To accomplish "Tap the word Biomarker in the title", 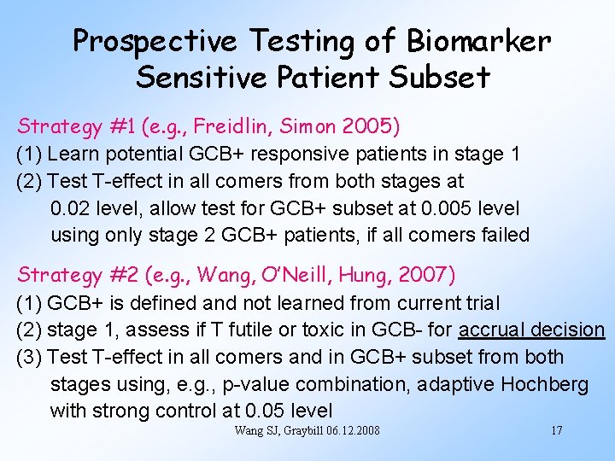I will tap(479, 40).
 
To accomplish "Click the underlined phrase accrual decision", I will tap(531, 330).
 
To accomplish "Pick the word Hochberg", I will tap(544, 384).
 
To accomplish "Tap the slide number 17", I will tap(555, 430).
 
